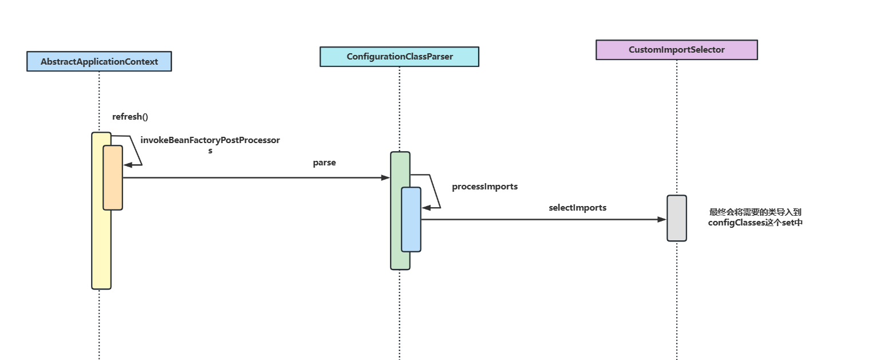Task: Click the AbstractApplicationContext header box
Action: point(99,61)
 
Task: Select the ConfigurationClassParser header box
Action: point(399,57)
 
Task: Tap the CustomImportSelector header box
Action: point(676,50)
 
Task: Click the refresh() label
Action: point(130,117)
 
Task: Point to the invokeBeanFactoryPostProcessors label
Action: point(210,145)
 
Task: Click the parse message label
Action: point(324,163)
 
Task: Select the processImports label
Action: point(484,187)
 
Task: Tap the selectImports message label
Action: point(577,208)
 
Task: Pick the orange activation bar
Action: point(113,177)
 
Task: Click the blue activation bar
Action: point(411,219)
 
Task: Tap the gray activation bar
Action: point(676,218)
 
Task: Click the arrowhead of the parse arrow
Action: point(386,178)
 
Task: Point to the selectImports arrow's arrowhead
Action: point(662,219)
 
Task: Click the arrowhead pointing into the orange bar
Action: point(128,165)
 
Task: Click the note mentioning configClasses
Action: point(755,217)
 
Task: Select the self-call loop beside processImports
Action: point(432,191)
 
